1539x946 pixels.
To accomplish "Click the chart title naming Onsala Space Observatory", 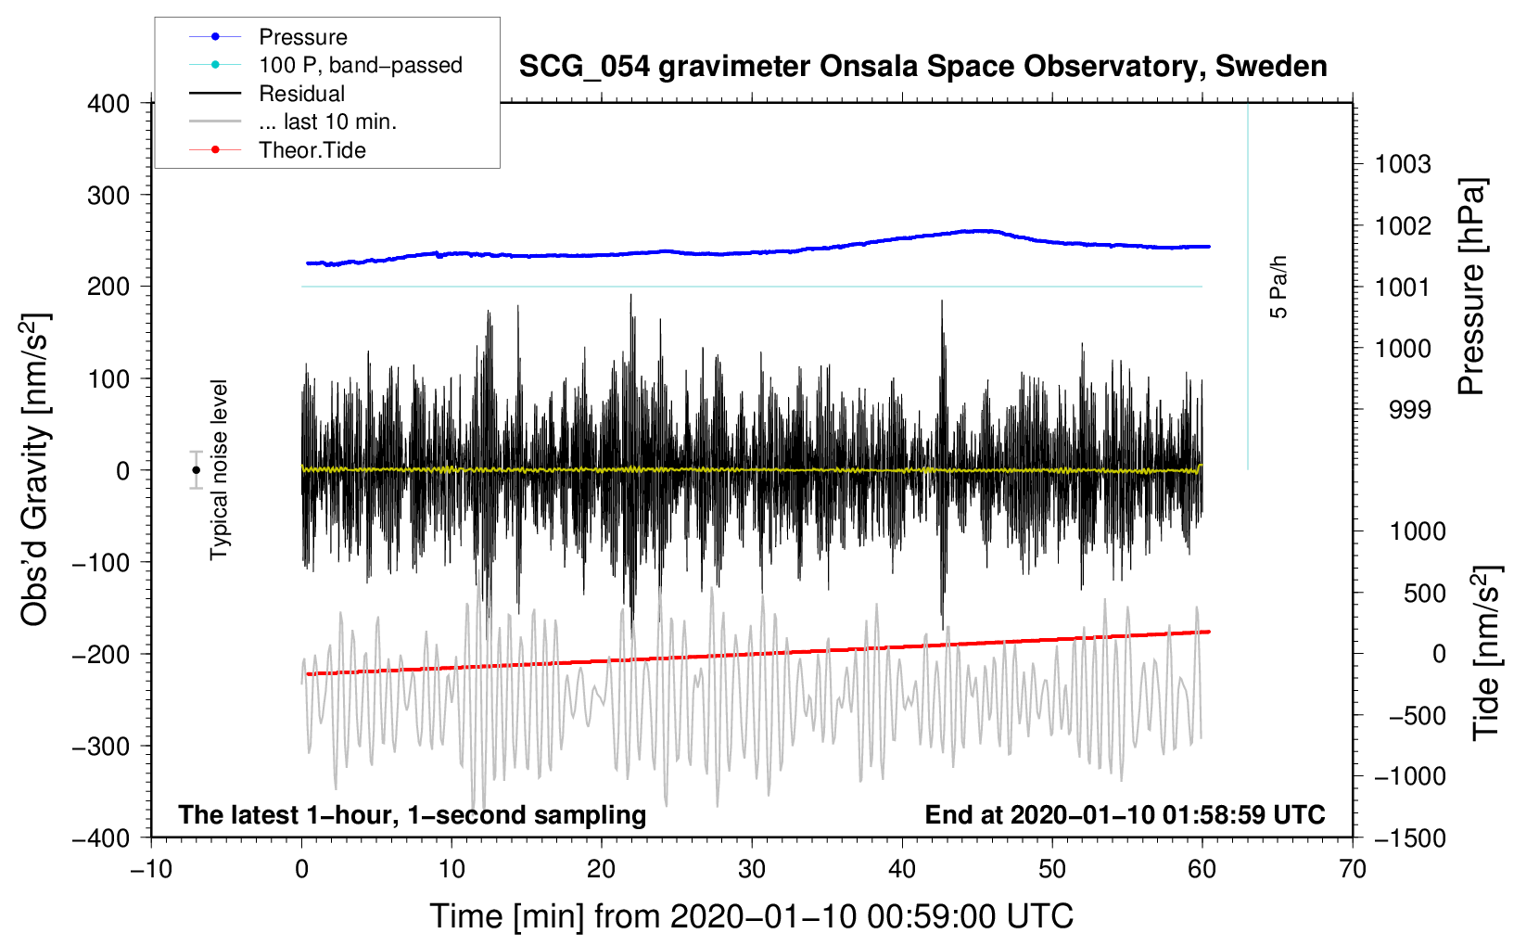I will (922, 67).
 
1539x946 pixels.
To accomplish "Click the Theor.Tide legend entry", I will (312, 150).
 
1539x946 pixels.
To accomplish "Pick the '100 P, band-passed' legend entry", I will (360, 65).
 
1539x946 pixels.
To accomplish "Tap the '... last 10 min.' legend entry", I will (327, 121).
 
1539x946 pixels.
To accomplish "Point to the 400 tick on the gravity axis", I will (109, 104).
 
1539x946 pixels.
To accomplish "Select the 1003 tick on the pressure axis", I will (1402, 165).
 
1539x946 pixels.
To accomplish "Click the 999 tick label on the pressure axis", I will (1409, 410).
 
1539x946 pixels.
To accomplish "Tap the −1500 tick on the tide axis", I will (1409, 837).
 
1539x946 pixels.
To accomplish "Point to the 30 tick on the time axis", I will (752, 870).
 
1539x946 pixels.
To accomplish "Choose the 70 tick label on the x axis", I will (1352, 870).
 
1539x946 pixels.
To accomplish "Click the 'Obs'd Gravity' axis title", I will (35, 469).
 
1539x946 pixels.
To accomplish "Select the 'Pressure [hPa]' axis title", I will (1471, 287).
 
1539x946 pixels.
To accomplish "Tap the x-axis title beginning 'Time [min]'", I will (751, 916).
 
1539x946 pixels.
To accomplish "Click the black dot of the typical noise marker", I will (196, 470).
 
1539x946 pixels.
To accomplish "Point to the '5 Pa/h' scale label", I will (1278, 288).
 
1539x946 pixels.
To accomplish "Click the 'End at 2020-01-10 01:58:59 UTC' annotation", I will (1125, 815).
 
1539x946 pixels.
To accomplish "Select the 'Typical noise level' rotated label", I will (219, 469).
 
